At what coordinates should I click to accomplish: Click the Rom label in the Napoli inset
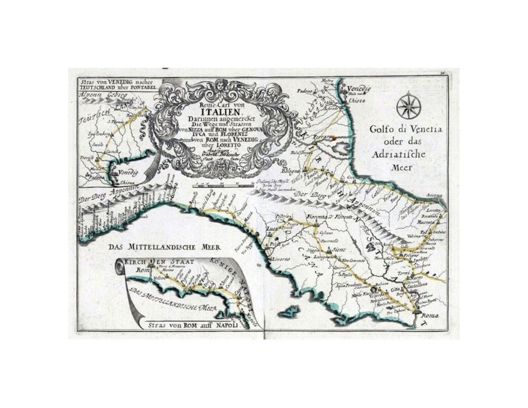(x=142, y=271)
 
